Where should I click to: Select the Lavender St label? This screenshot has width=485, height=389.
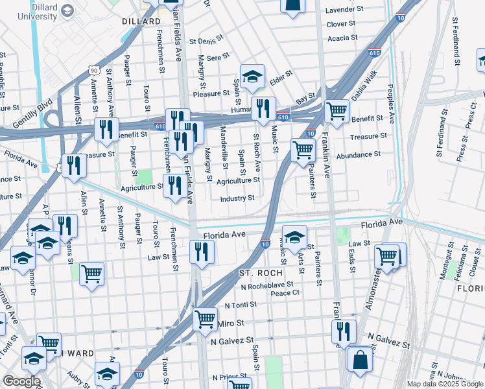344,10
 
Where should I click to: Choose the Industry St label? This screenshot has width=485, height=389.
237,198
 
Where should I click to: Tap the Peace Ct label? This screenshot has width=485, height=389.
285,293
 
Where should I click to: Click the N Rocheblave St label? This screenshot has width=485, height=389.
269,286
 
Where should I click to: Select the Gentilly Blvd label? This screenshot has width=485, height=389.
31,112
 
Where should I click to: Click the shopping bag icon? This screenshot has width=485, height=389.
359,359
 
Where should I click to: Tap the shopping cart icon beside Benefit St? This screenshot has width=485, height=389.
337,110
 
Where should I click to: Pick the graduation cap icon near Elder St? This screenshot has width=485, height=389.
252,77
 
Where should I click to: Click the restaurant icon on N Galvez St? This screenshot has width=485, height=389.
344,331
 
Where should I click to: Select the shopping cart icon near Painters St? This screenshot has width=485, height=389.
303,150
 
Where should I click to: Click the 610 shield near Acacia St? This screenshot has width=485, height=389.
374,53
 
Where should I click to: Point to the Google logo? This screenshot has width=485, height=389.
21,381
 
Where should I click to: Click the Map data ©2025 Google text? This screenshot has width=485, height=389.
444,384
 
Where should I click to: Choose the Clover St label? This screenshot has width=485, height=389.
341,24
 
